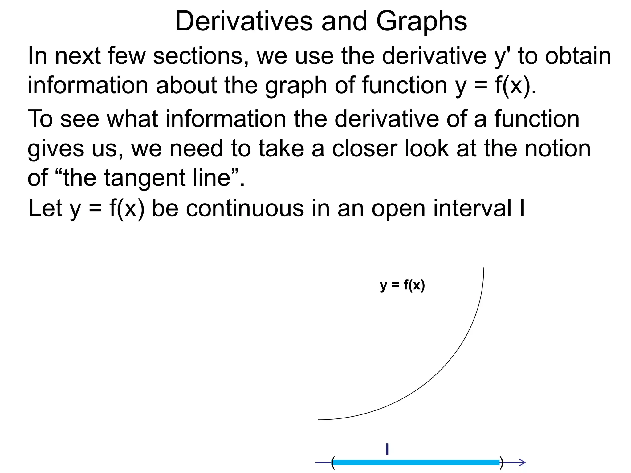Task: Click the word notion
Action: [x=557, y=148]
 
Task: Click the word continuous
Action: [x=245, y=208]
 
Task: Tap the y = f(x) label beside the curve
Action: [x=402, y=285]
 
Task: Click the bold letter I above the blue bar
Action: [x=387, y=449]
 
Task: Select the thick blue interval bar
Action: [x=416, y=462]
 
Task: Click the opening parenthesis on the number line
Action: [x=333, y=463]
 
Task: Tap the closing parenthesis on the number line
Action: [x=501, y=463]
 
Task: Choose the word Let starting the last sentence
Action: [x=45, y=208]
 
